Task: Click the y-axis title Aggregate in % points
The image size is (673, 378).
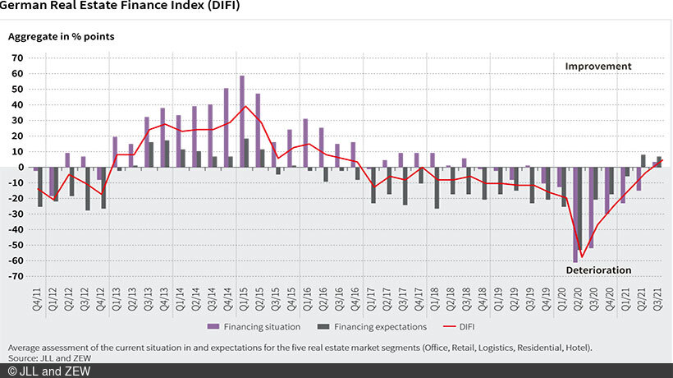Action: click(62, 36)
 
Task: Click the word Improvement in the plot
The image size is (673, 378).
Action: click(598, 67)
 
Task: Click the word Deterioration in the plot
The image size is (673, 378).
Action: click(598, 270)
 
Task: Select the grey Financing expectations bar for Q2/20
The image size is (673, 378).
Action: click(580, 209)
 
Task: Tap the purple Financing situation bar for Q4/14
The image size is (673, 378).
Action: click(227, 127)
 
